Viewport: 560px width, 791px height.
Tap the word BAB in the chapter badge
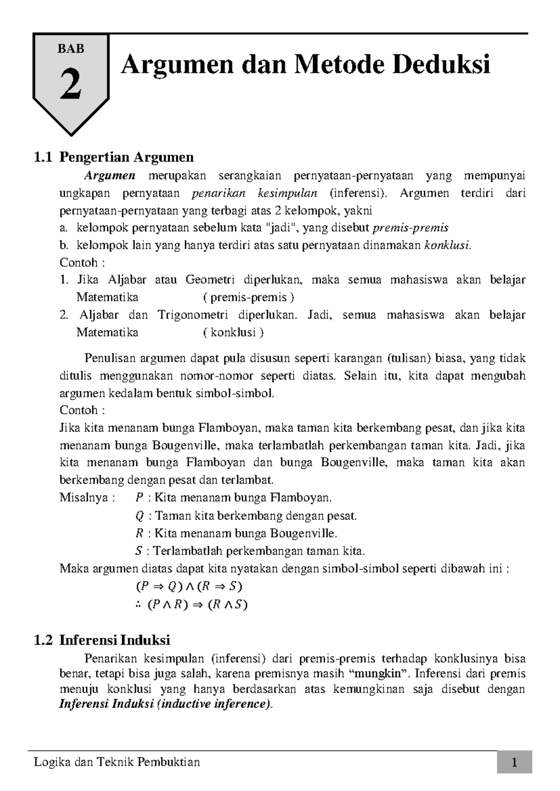click(x=70, y=49)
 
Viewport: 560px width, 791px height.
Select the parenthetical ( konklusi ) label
click(x=233, y=332)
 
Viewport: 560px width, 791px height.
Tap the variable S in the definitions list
click(x=138, y=551)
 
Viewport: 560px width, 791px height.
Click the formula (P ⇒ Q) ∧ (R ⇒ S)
click(x=189, y=586)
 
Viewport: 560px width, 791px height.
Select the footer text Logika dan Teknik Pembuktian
click(x=118, y=762)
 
